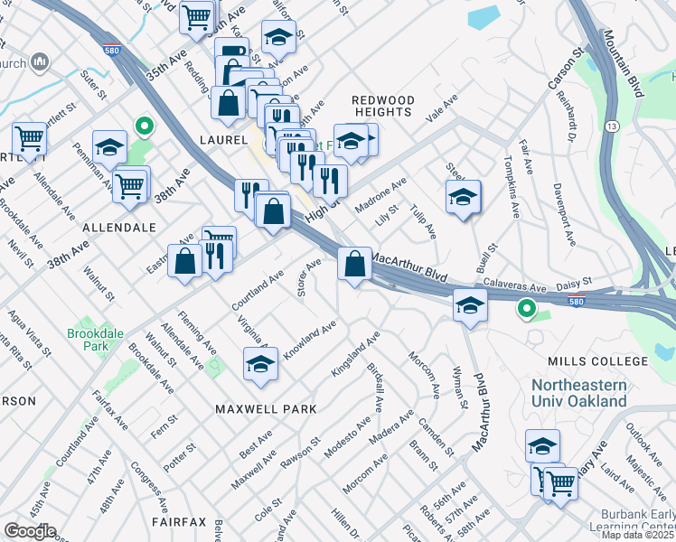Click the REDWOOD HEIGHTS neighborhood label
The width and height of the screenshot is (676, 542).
coord(382,106)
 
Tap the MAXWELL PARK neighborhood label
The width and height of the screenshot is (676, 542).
coord(266,409)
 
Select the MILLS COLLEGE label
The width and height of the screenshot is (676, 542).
coord(586,361)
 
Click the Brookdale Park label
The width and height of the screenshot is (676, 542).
coord(95,339)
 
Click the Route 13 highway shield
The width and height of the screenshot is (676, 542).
coord(613,127)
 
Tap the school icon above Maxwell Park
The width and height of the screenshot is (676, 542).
coord(261,364)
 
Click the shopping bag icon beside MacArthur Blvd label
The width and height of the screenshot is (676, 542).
coord(355,265)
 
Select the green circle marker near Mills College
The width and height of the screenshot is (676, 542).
coord(525,310)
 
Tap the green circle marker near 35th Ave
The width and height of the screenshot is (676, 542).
coord(142,126)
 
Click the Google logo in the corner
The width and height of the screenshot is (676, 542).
coord(29,531)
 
